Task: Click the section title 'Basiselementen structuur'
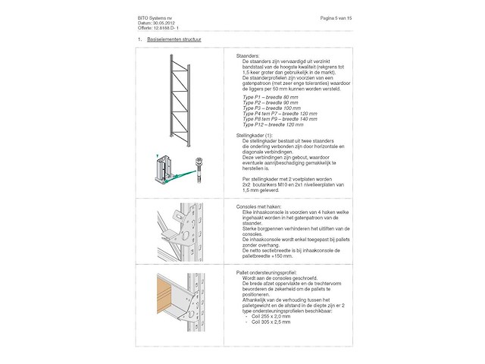tap(174, 38)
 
